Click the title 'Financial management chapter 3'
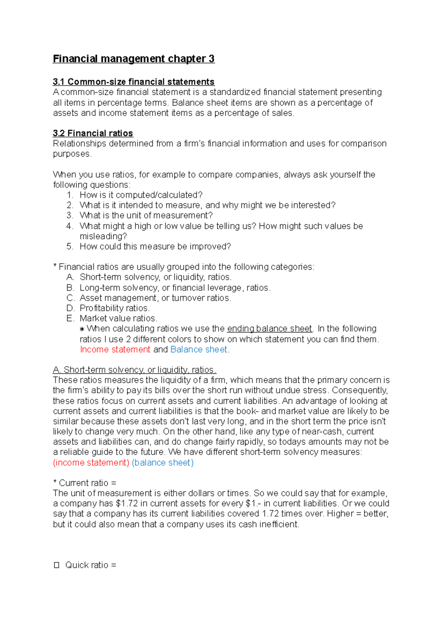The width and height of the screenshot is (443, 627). click(133, 59)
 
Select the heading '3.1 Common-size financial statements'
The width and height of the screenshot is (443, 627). click(133, 82)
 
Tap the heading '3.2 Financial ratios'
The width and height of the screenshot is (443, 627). click(93, 133)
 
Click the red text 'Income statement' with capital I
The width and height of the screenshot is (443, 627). click(115, 350)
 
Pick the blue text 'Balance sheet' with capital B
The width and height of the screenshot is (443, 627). click(199, 350)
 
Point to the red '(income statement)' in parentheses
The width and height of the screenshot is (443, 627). click(91, 463)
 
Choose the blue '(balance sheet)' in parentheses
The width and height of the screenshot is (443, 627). click(162, 463)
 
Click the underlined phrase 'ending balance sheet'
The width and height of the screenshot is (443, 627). click(269, 329)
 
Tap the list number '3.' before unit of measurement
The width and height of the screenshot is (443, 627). click(70, 216)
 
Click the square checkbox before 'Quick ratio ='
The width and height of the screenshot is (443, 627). click(56, 565)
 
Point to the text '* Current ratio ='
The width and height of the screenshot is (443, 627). click(85, 483)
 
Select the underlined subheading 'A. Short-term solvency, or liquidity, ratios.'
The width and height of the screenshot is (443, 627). click(134, 370)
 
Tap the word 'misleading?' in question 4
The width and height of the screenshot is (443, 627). click(103, 236)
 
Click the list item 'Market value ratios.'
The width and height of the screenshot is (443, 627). click(118, 318)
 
